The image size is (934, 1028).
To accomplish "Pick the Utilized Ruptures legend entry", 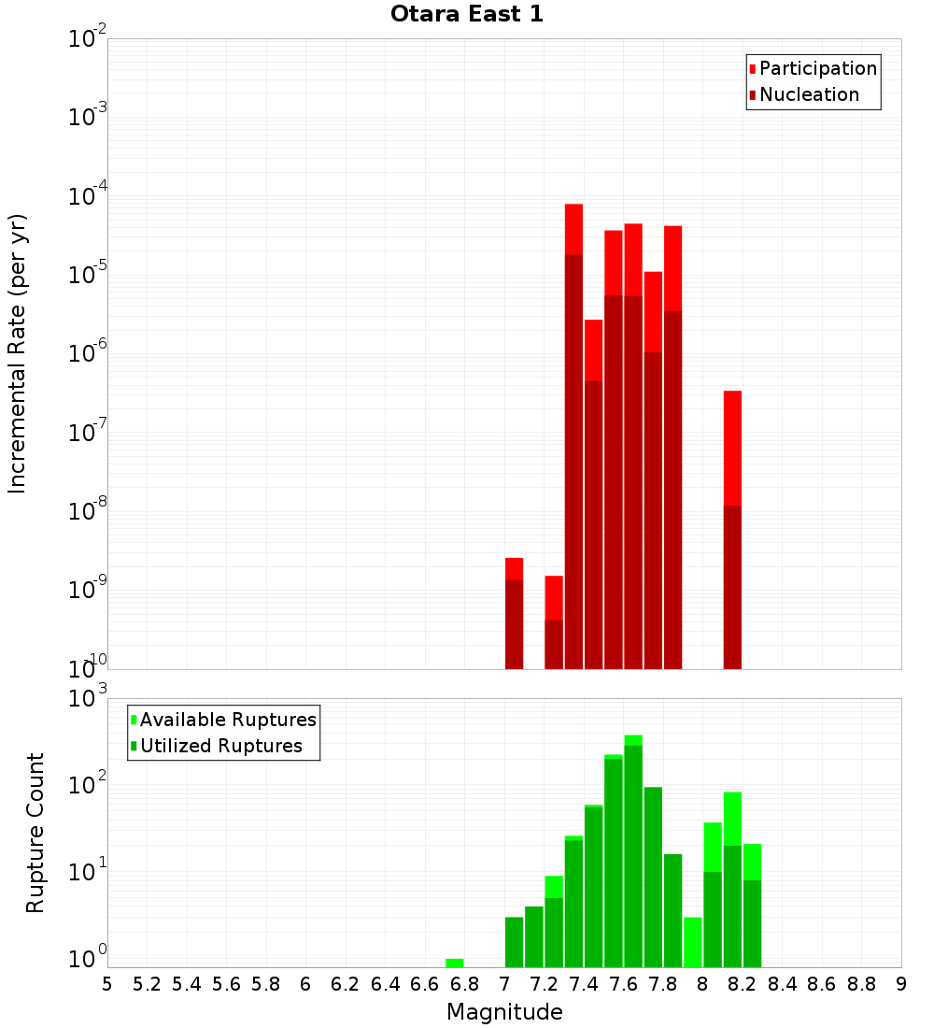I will coord(220,746).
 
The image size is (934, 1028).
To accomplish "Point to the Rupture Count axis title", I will coord(35,833).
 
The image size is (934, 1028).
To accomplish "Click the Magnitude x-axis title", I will coord(504,1012).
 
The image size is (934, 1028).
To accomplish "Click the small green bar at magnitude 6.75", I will coord(454,963).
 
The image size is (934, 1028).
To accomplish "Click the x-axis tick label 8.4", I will coord(782,984).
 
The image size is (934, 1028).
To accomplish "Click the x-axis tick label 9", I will coord(901,984).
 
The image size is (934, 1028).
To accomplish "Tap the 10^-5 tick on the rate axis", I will coord(88,275).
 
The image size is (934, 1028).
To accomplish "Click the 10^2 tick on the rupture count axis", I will coord(88,785).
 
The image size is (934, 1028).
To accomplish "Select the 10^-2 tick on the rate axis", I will coord(88,38).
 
